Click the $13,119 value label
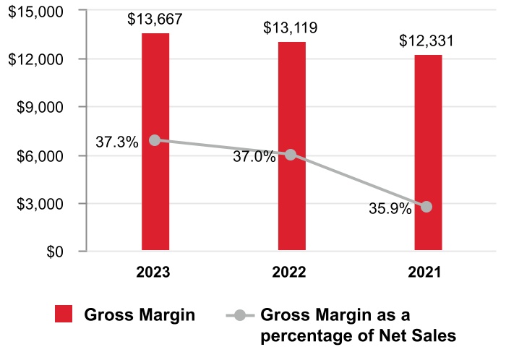(291, 29)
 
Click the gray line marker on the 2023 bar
(155, 140)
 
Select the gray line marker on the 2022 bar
(291, 155)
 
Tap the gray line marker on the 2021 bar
(426, 207)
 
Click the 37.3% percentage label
(116, 142)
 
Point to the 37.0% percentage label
(254, 156)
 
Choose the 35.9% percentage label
(390, 209)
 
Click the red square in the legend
(64, 314)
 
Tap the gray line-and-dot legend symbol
(240, 315)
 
